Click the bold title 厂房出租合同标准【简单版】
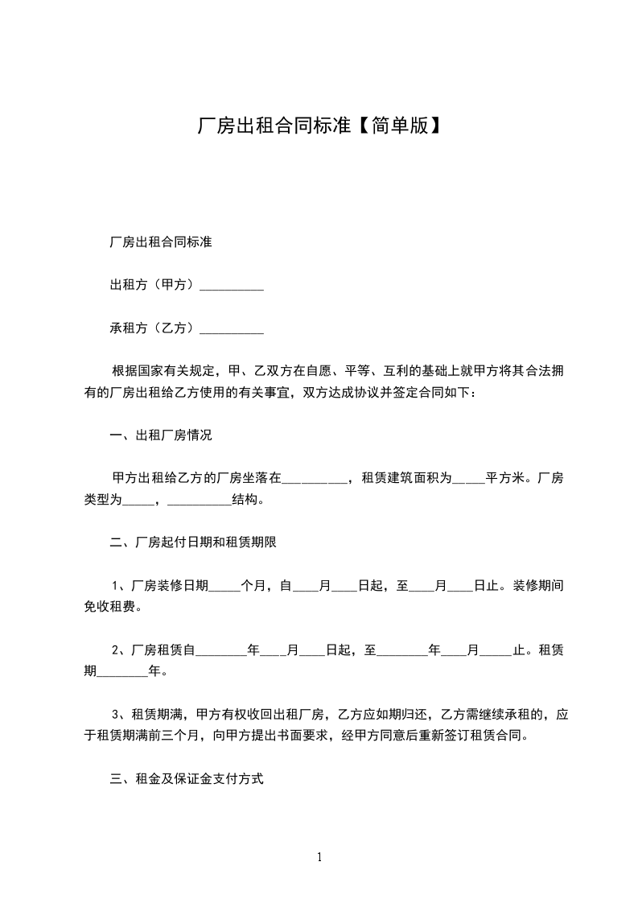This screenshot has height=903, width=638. [x=319, y=126]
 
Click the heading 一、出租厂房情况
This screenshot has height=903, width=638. [x=160, y=436]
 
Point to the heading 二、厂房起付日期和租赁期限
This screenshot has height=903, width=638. [x=193, y=542]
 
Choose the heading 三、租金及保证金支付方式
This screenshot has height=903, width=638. [x=187, y=779]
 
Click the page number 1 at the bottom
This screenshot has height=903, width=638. [x=319, y=857]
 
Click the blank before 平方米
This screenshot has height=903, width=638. [x=468, y=480]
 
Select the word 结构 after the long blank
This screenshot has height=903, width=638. [x=245, y=500]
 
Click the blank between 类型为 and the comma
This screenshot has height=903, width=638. [x=137, y=500]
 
